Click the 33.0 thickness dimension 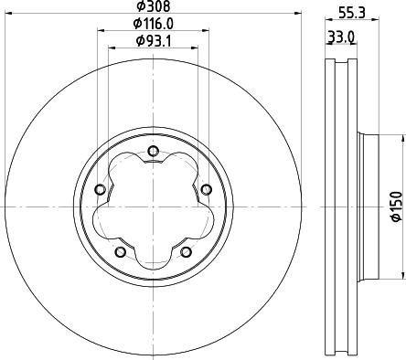[342, 37]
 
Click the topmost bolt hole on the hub [152, 152]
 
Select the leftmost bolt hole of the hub [100, 189]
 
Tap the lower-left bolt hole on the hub [119, 250]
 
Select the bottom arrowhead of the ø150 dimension [403, 275]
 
